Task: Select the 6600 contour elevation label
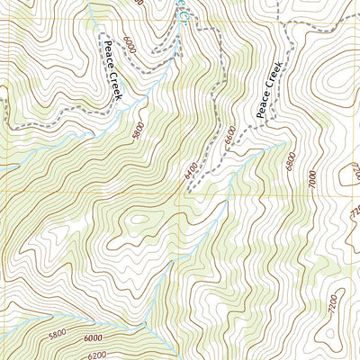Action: [230, 135]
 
